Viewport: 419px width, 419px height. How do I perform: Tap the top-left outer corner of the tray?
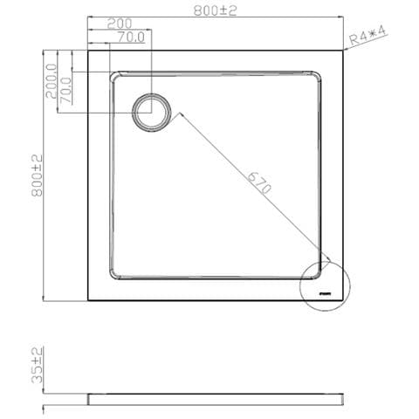(88, 52)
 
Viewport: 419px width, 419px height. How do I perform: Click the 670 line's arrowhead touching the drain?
(173, 113)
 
